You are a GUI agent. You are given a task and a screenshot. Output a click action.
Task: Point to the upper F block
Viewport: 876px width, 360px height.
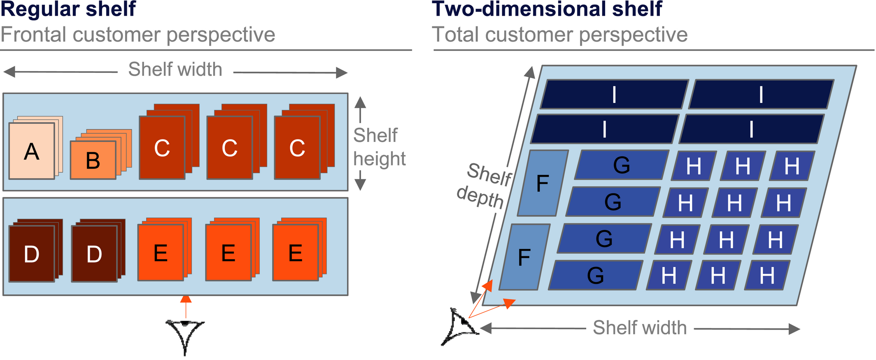pos(543,183)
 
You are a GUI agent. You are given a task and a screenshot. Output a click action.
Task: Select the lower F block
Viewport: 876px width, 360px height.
pos(524,257)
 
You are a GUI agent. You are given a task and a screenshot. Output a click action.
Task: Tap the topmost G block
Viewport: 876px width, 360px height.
pos(622,165)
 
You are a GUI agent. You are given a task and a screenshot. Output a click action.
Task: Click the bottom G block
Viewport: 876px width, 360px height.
pos(595,275)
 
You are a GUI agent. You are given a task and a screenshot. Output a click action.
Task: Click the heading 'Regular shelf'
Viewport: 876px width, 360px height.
pos(68,9)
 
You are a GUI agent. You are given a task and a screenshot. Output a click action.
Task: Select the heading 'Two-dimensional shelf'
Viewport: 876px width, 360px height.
pos(547,9)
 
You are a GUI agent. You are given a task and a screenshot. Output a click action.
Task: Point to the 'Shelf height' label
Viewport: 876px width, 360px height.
pos(379,147)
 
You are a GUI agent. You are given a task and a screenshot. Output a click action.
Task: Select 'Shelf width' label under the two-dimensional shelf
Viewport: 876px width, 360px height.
pos(640,328)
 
